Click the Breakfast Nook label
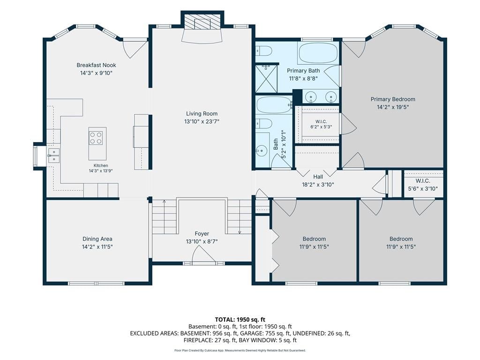click(96, 65)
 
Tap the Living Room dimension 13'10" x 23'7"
click(202, 121)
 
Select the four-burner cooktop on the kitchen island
click(96, 138)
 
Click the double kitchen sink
click(53, 155)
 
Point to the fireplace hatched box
click(202, 22)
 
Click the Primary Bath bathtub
click(318, 53)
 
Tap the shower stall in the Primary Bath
click(266, 78)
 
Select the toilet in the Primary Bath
click(264, 51)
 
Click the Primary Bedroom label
click(393, 99)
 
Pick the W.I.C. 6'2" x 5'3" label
click(321, 124)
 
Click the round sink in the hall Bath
click(262, 150)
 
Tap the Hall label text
click(318, 177)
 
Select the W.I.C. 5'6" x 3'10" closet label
click(423, 185)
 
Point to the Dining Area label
click(97, 239)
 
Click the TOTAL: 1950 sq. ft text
click(240, 320)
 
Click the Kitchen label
click(101, 165)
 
